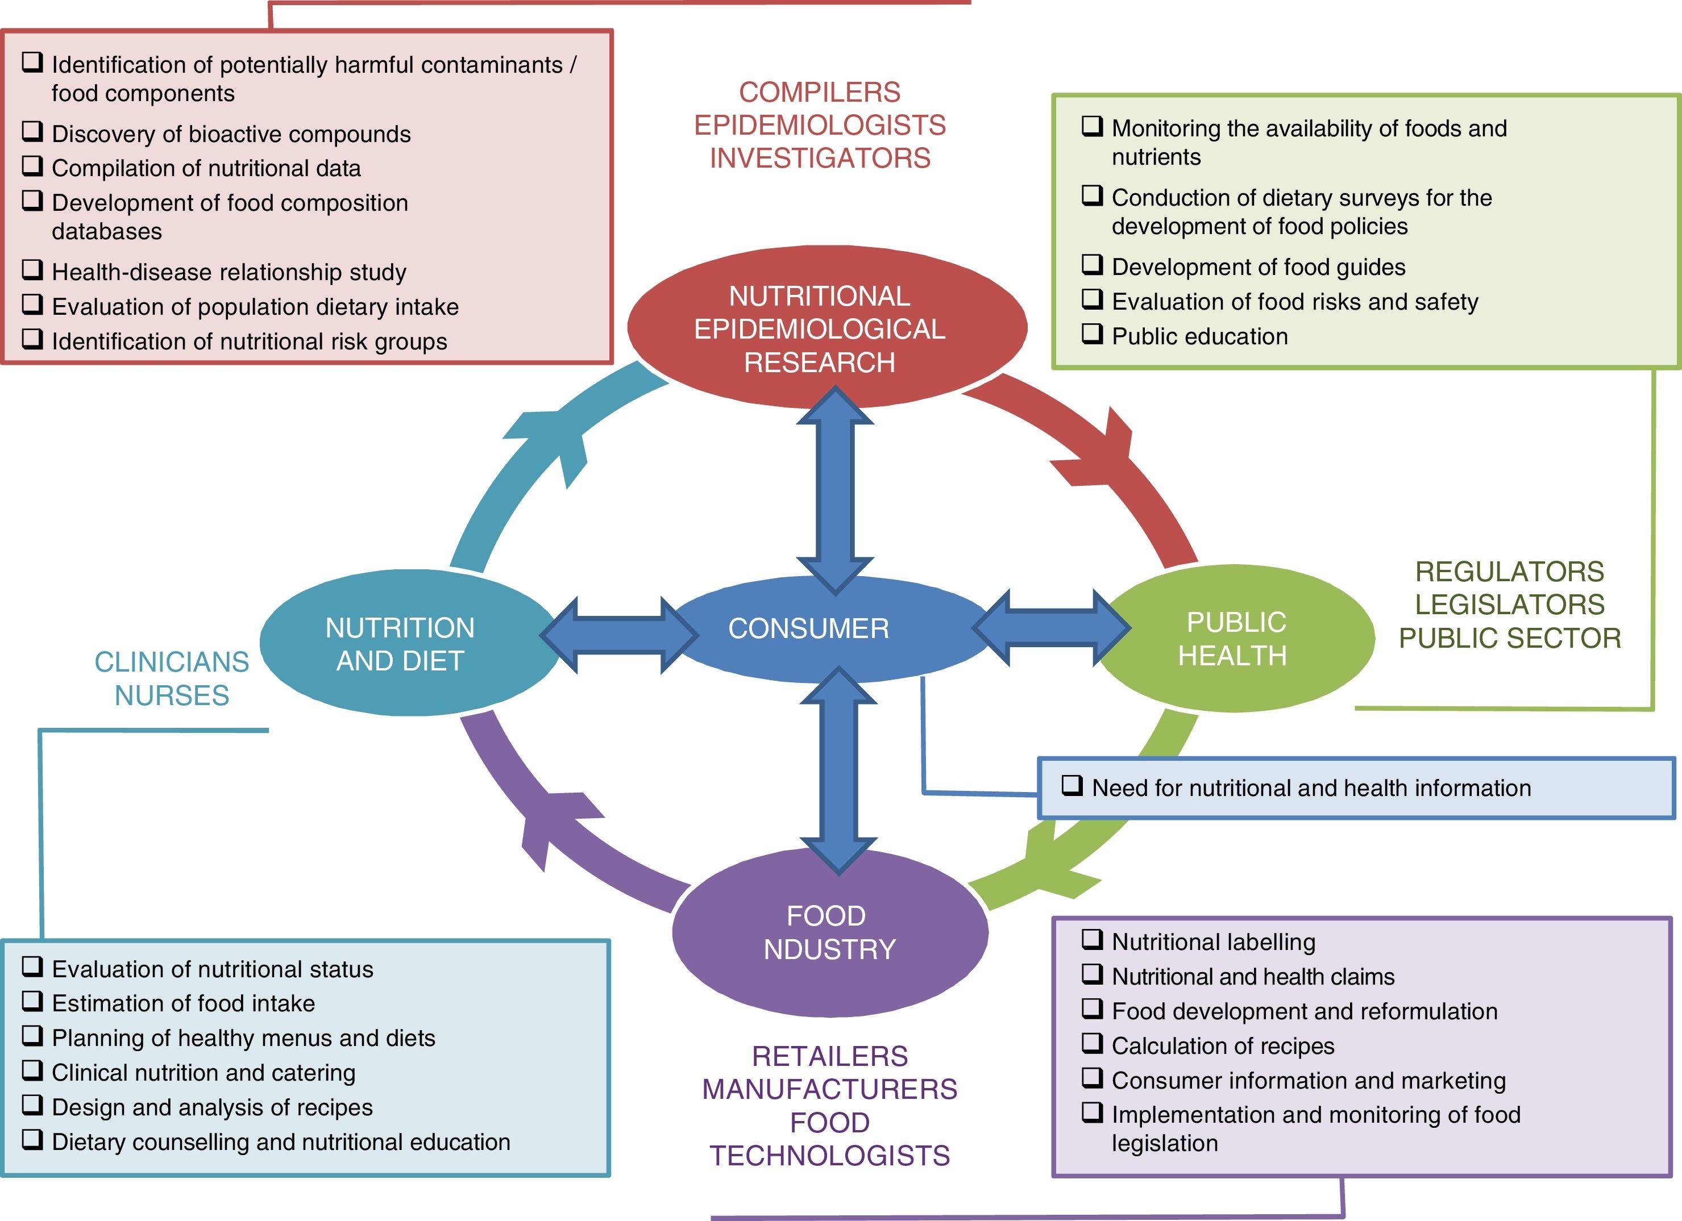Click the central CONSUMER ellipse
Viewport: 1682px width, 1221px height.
[808, 628]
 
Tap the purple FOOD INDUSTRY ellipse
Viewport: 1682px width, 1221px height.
[829, 932]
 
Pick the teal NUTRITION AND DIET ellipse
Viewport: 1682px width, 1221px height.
[401, 644]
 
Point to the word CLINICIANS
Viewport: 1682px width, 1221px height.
[171, 662]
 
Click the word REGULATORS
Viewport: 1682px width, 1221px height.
[1509, 572]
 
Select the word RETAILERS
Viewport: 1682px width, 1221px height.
[829, 1056]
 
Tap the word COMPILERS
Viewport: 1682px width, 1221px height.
[820, 92]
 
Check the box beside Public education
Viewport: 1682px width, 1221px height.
[1093, 334]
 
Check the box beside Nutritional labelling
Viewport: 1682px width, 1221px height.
[1093, 940]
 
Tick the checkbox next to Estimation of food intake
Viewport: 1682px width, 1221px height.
[32, 1002]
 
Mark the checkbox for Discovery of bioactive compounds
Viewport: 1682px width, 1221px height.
[32, 132]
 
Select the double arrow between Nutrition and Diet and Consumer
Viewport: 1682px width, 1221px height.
[618, 635]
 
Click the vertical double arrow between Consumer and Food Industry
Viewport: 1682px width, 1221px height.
[839, 771]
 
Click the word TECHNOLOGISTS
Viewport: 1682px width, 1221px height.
[829, 1156]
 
